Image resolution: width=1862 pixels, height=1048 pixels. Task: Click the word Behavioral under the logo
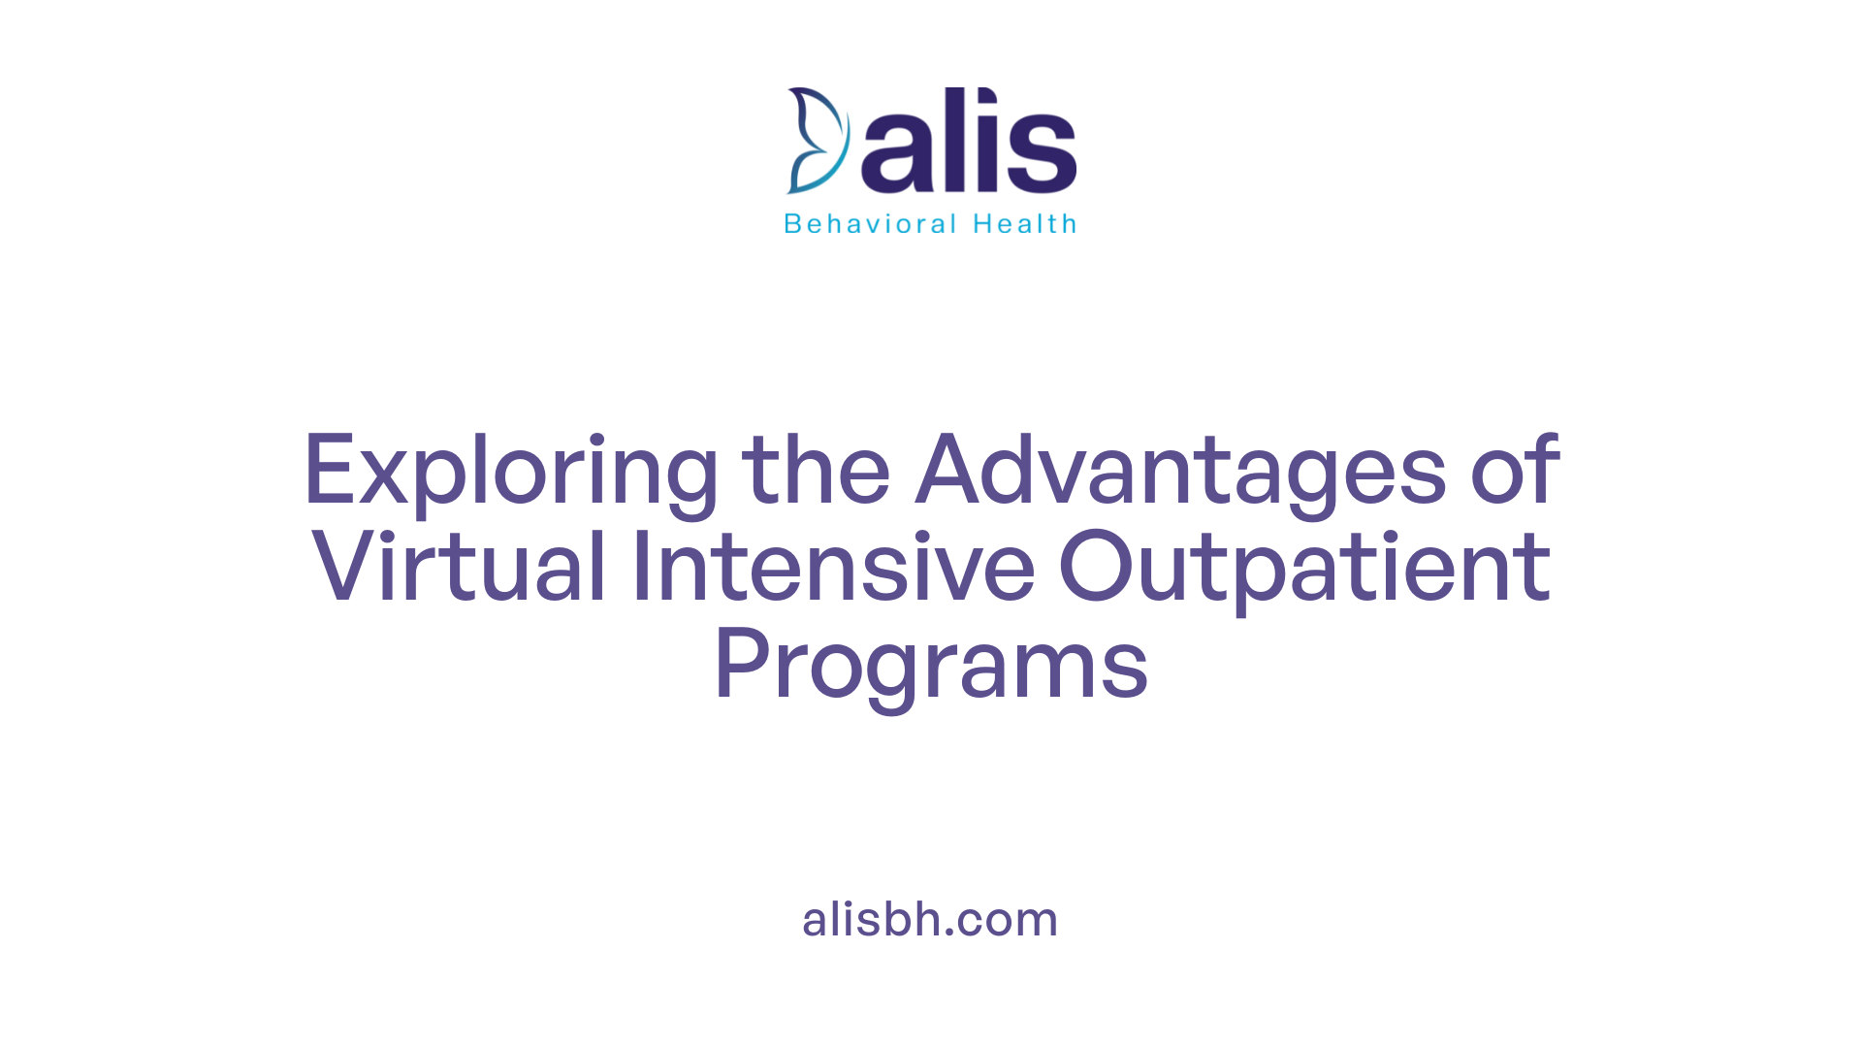871,224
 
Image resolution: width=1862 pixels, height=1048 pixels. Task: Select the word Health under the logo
1025,224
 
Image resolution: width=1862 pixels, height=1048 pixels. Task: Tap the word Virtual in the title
459,567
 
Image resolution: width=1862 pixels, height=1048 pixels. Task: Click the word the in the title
816,470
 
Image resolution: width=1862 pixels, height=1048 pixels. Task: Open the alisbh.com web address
930,919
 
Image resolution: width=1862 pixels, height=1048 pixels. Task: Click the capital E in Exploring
330,470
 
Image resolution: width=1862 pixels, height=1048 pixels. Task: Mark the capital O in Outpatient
1096,567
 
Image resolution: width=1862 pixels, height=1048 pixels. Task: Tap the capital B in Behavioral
792,224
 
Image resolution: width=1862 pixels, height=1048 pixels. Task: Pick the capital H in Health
982,224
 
